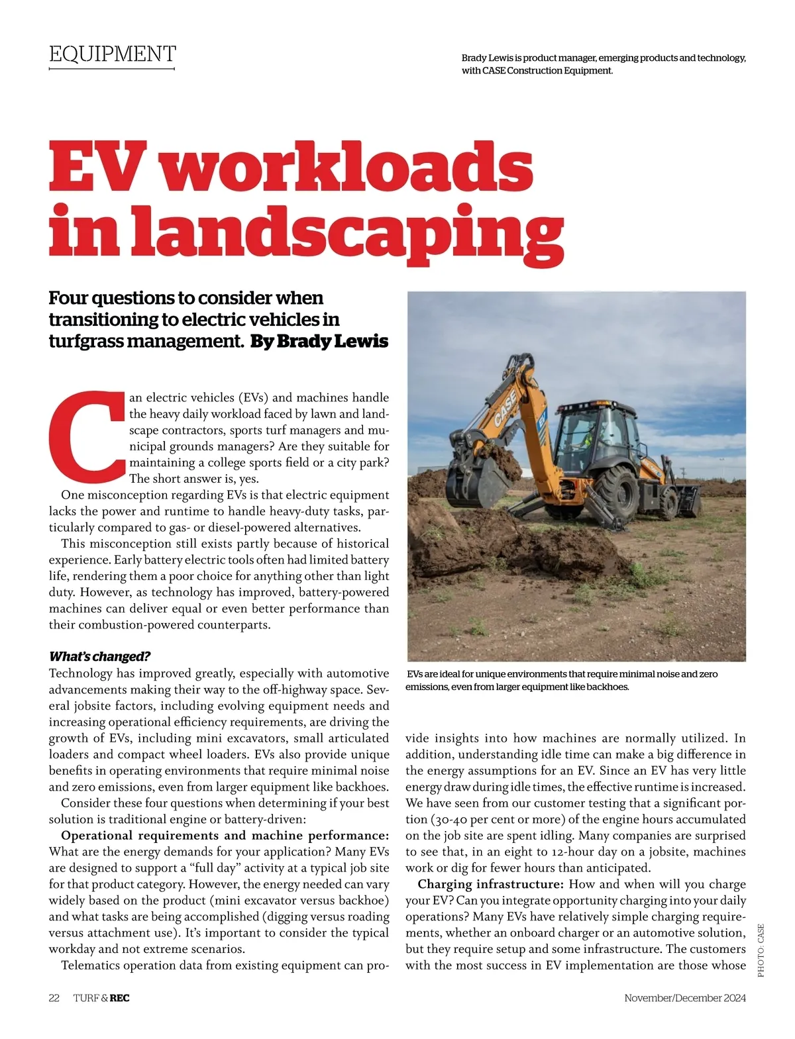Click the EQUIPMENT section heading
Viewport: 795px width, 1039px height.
113,54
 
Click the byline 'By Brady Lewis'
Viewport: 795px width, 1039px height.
319,342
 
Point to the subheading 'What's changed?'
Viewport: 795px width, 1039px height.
100,657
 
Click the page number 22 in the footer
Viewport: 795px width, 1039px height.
54,998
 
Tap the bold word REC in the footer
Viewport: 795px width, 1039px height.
119,998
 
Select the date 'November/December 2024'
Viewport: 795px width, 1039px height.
685,998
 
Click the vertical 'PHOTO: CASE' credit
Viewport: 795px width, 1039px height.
761,950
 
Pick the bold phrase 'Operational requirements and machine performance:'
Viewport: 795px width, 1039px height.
225,836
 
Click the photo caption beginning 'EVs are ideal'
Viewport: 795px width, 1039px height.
562,680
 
